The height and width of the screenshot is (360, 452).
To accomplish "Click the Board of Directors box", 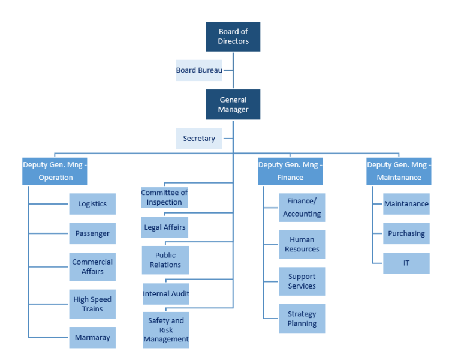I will pyautogui.click(x=233, y=37).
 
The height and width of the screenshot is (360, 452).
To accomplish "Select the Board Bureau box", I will pyautogui.click(x=199, y=70).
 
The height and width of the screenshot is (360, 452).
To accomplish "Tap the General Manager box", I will pyautogui.click(x=233, y=104).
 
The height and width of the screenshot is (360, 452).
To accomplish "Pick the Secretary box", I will pyautogui.click(x=199, y=139).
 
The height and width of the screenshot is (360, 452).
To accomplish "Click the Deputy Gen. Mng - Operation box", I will pyautogui.click(x=55, y=171).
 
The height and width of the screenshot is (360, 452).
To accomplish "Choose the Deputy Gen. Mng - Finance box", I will pyautogui.click(x=290, y=171).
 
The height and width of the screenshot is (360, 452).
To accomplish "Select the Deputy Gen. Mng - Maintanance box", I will pyautogui.click(x=399, y=171).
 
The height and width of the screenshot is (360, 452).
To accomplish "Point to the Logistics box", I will pyautogui.click(x=92, y=204).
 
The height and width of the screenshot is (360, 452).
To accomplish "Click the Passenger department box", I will pyautogui.click(x=92, y=233).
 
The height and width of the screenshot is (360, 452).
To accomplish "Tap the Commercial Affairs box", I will pyautogui.click(x=92, y=267).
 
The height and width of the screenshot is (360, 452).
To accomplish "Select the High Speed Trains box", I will pyautogui.click(x=92, y=304).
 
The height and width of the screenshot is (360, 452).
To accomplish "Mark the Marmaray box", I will pyautogui.click(x=92, y=338).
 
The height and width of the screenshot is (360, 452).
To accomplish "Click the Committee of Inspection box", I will pyautogui.click(x=165, y=197).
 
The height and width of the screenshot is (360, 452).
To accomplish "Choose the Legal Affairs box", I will pyautogui.click(x=165, y=227).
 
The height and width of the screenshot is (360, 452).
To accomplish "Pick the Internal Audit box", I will pyautogui.click(x=166, y=294).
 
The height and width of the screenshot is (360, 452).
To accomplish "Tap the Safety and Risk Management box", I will pyautogui.click(x=166, y=330).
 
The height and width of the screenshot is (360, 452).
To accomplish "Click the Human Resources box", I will pyautogui.click(x=302, y=244).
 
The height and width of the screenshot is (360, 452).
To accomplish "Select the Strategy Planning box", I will pyautogui.click(x=302, y=319).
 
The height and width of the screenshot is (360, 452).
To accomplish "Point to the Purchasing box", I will pyautogui.click(x=406, y=233).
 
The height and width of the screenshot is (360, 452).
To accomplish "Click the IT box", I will pyautogui.click(x=406, y=263).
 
